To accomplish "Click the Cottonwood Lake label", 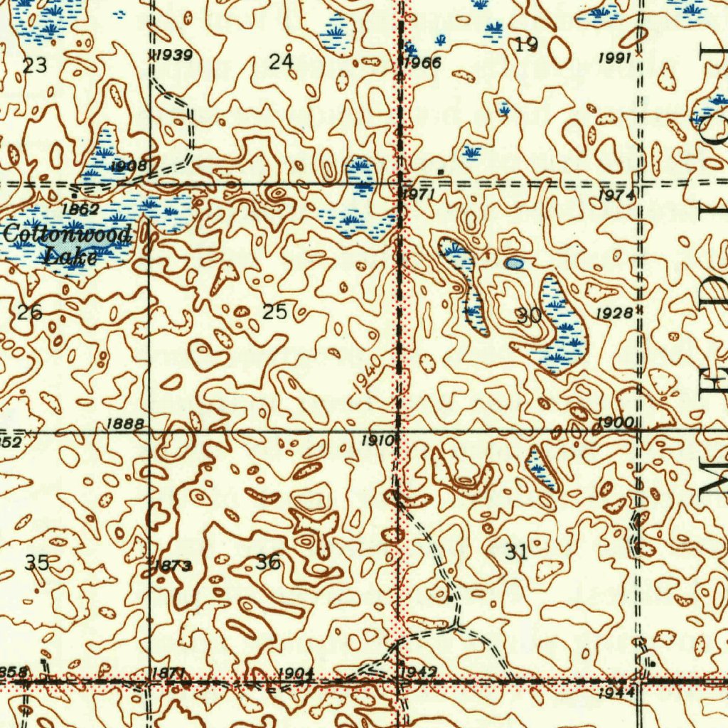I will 68,244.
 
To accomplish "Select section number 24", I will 282,63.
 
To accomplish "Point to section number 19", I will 526,45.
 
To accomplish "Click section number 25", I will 274,311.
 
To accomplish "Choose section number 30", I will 529,316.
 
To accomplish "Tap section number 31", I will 517,551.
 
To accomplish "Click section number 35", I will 37,563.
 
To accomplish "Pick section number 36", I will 268,562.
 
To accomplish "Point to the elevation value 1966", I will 423,63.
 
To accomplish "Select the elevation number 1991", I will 615,59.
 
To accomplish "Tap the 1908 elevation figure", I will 129,166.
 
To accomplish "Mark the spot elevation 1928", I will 614,314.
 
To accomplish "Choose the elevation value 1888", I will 125,424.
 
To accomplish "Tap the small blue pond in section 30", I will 514,264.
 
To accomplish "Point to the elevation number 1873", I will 174,566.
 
